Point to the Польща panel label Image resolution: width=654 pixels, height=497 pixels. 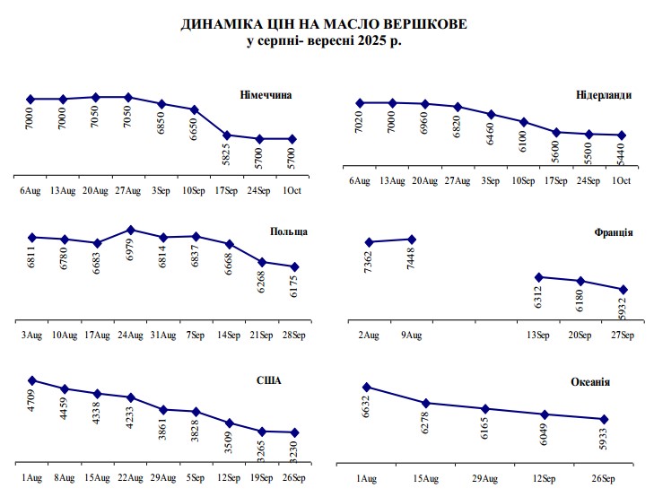(289, 231)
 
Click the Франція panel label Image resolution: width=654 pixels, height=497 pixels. (614, 232)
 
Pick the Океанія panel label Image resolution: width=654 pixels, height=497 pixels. (590, 382)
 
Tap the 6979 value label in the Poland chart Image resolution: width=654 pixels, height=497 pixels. (132, 256)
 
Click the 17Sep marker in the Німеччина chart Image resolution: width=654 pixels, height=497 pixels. (227, 135)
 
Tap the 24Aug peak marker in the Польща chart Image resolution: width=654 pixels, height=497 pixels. (131, 230)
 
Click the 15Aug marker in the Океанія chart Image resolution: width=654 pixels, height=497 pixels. (426, 403)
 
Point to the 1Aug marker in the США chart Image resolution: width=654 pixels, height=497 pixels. (31, 380)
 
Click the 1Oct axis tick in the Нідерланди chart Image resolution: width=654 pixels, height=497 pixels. (621, 181)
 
